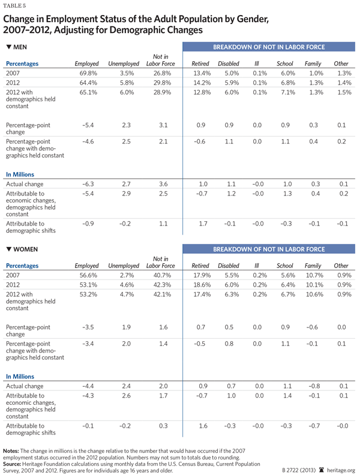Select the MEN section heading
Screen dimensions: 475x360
(x=17, y=47)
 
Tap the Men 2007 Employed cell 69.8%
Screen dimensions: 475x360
(x=86, y=73)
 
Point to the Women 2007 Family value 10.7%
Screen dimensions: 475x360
(x=313, y=275)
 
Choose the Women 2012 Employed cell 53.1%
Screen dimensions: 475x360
(x=86, y=285)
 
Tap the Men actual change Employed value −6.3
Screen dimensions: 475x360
(x=88, y=184)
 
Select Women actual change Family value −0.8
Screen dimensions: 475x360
(x=313, y=387)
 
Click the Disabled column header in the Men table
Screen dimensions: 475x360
(x=228, y=63)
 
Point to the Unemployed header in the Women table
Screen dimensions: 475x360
(x=123, y=266)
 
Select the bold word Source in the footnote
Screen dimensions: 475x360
(x=14, y=463)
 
